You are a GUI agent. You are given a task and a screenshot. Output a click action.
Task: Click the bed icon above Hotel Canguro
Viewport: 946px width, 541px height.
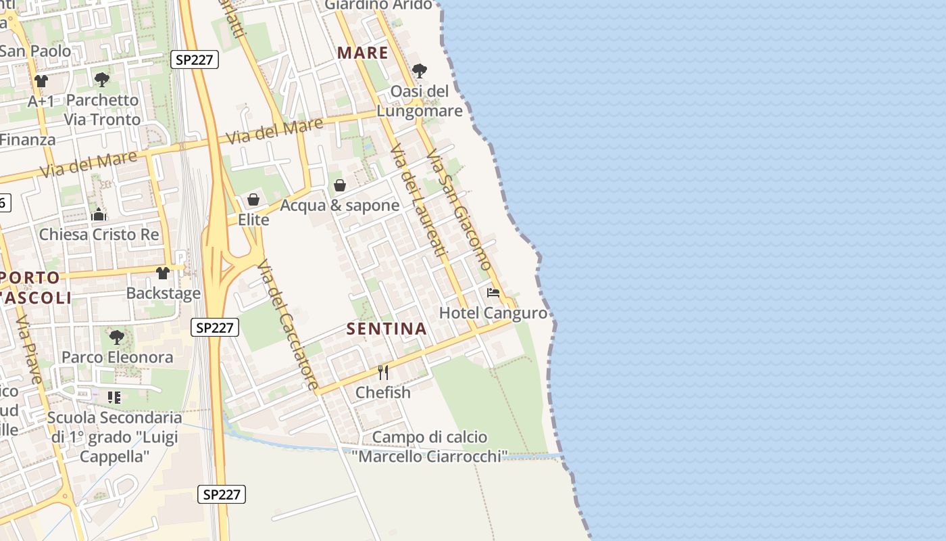[493, 293]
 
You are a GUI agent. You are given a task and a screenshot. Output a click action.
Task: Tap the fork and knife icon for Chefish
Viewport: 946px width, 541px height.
[383, 372]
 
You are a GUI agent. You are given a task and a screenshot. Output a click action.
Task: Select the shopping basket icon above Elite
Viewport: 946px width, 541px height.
[253, 199]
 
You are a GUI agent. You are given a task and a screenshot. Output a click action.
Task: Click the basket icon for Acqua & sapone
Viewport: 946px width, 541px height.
[340, 185]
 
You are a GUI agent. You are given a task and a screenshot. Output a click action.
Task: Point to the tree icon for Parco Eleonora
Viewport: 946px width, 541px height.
[117, 337]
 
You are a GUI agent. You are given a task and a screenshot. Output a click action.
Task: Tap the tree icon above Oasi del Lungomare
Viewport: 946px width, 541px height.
[420, 70]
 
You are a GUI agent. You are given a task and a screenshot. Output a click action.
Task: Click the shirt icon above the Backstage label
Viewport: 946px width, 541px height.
[163, 273]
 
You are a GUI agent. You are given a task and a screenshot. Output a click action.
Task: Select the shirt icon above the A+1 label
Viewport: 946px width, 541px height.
[41, 81]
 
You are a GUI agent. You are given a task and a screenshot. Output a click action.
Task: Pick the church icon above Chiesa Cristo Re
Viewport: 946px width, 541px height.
[99, 215]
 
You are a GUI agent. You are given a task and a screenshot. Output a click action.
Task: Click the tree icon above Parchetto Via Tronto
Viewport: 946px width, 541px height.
[102, 80]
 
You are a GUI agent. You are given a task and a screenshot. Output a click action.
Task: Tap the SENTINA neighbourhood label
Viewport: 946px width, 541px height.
[387, 329]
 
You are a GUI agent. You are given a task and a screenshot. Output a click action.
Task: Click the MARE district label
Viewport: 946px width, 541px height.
[363, 53]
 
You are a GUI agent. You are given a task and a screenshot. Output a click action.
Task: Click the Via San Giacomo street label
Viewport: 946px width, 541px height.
[459, 209]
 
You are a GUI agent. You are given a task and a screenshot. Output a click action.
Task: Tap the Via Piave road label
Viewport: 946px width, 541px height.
[29, 348]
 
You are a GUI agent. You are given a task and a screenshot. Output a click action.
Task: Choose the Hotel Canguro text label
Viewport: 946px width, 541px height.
[493, 313]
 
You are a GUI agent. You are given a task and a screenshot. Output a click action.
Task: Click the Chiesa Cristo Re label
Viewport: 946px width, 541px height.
[99, 235]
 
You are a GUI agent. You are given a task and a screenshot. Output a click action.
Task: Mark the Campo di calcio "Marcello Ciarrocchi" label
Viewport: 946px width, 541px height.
[429, 446]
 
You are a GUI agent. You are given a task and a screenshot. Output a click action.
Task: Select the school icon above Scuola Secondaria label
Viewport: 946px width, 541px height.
[114, 397]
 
